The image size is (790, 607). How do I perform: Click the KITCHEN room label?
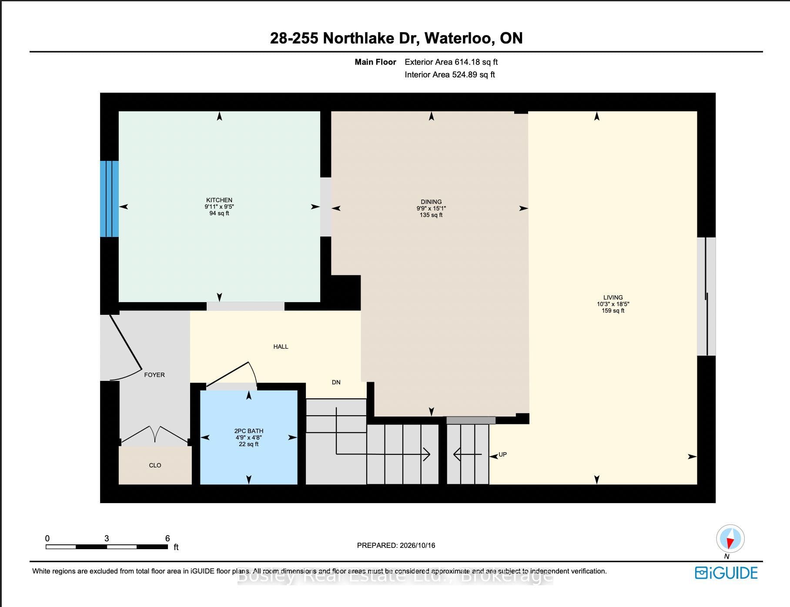[x=219, y=200]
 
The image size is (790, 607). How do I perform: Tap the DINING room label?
[x=431, y=202]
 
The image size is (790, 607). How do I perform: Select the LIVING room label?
[x=613, y=297]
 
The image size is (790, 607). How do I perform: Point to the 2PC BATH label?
[x=249, y=431]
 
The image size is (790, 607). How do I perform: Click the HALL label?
[x=281, y=347]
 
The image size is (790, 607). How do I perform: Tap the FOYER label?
[x=154, y=375]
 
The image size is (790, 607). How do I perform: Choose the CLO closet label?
[x=155, y=465]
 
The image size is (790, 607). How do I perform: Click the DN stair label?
[x=336, y=382]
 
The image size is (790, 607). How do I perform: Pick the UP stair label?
[x=502, y=454]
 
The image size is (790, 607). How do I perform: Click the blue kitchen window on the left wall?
[x=109, y=199]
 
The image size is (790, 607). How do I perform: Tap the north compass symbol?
[x=730, y=539]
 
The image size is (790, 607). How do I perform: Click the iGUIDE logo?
[x=726, y=573]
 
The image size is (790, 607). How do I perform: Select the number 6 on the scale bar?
[x=167, y=538]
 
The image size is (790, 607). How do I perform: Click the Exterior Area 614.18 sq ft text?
[x=451, y=62]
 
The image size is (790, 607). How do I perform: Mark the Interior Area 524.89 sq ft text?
[x=450, y=75]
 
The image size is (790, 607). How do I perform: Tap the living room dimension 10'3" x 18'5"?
[x=613, y=304]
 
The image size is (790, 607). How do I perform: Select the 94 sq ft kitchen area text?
[x=219, y=213]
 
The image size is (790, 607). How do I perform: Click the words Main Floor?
[x=375, y=62]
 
